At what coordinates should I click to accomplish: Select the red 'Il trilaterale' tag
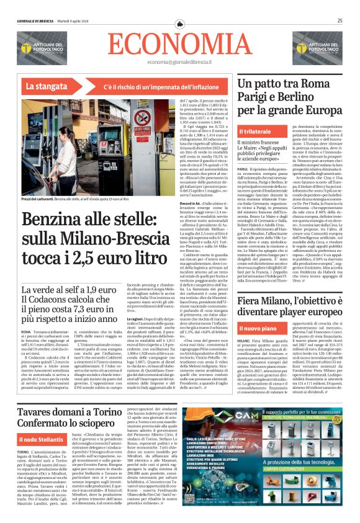256,133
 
